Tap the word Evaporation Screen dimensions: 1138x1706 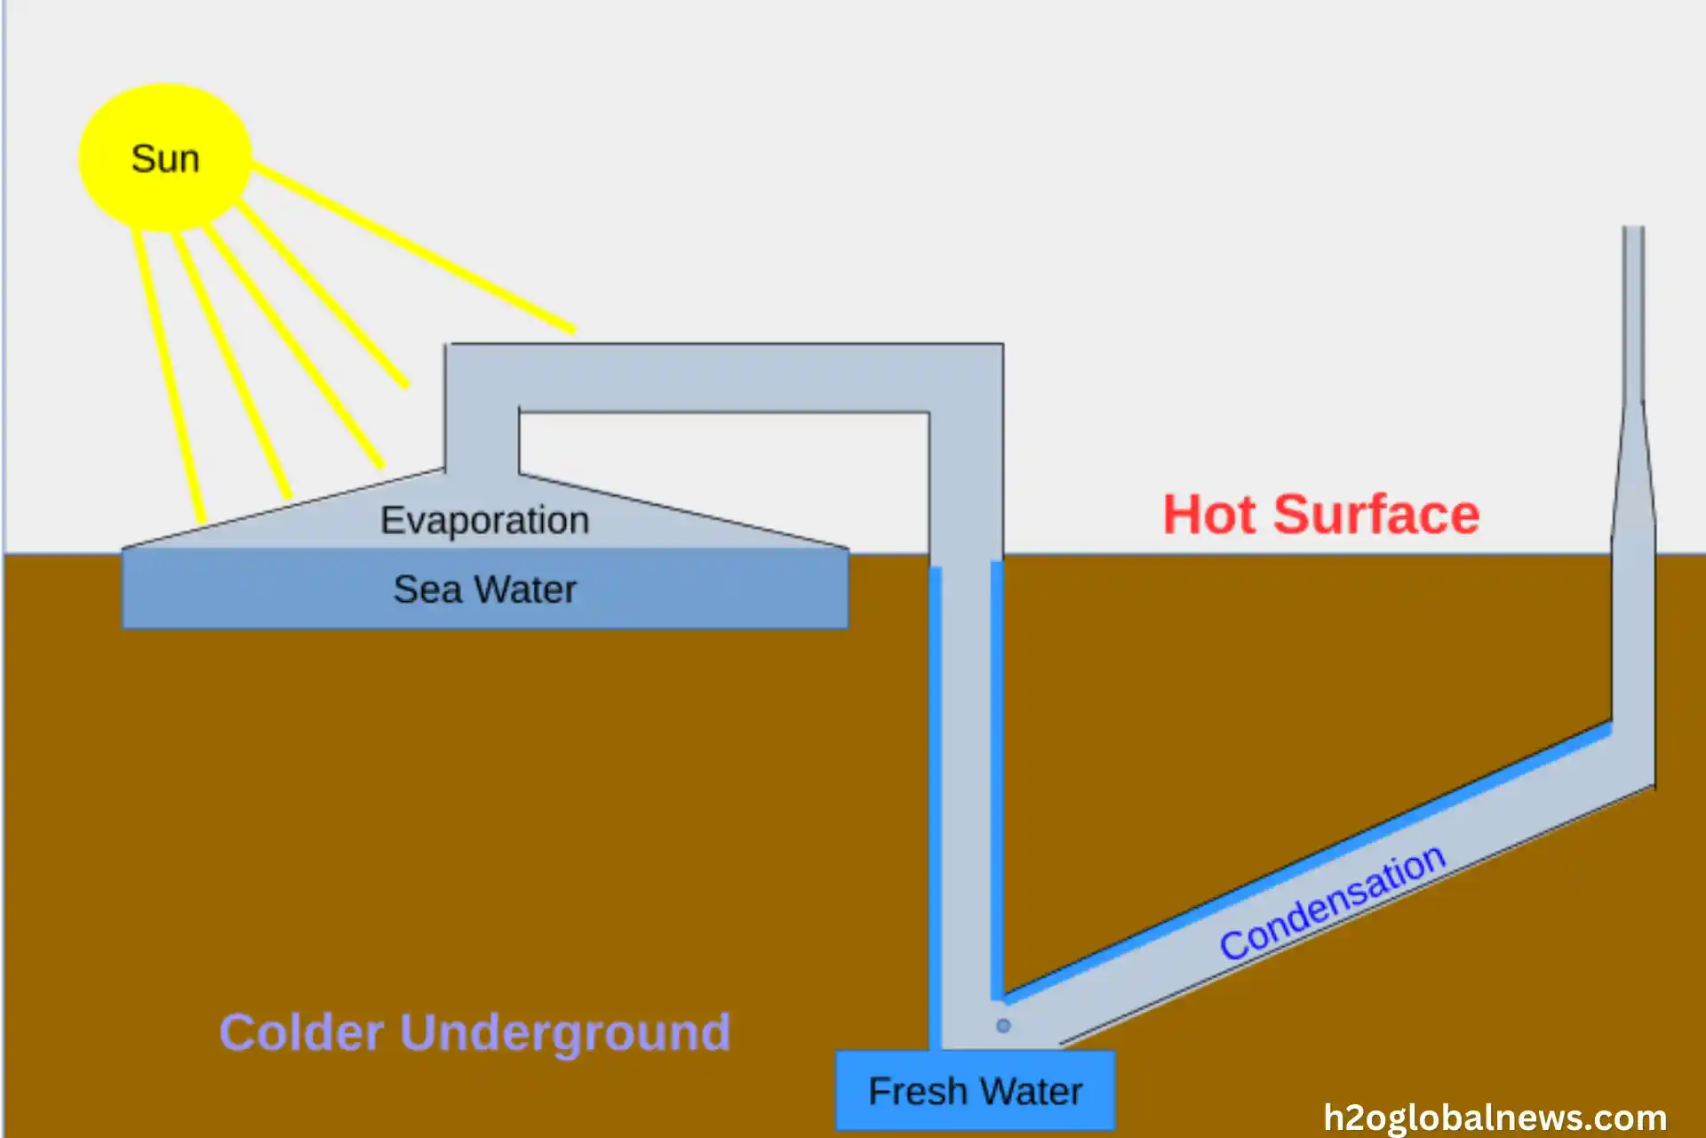tap(484, 520)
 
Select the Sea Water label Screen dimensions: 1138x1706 tap(484, 589)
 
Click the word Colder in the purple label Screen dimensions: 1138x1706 tap(301, 1032)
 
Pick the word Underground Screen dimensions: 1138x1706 tap(565, 1034)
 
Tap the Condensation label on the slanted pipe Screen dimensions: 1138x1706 tap(1331, 902)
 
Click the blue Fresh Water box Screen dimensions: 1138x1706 tap(975, 1091)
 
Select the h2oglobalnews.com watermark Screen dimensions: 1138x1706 tap(1495, 1118)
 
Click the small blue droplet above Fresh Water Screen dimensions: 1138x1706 tap(1003, 1026)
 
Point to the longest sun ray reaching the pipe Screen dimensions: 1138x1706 tap(413, 248)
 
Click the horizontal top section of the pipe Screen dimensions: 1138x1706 tap(724, 378)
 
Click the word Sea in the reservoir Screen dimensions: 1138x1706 tap(427, 589)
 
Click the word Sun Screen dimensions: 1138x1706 tap(165, 159)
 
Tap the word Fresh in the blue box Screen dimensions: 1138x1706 tap(917, 1091)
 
